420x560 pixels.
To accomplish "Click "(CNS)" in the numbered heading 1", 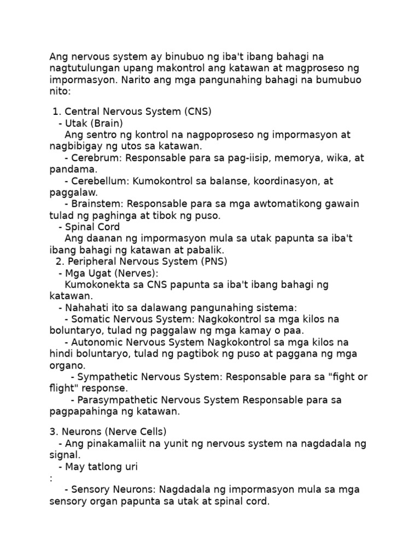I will click(198, 112).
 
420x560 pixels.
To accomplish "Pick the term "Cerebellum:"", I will click(100, 181).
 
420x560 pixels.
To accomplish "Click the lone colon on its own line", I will click(51, 479).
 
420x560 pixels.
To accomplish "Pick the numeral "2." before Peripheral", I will click(60, 261).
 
